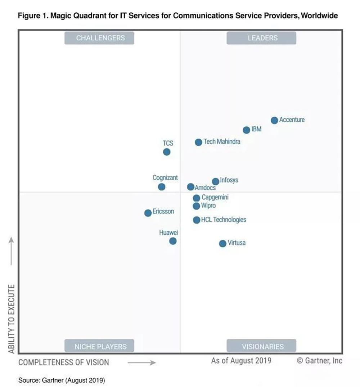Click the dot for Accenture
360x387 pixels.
[274, 120]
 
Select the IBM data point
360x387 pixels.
[246, 130]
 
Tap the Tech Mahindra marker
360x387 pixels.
[198, 142]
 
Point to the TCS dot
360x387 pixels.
[166, 152]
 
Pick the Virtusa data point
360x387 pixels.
[222, 243]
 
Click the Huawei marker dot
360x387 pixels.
[173, 241]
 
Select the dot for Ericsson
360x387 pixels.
[148, 213]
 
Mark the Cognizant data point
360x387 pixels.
[162, 187]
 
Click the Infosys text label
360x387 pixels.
[229, 180]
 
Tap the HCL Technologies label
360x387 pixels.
[224, 220]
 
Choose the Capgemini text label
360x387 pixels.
[215, 197]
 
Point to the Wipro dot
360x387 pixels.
[196, 206]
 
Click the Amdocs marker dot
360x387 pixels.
[190, 187]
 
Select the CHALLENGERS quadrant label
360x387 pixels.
[99, 38]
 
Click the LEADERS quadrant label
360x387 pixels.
[262, 38]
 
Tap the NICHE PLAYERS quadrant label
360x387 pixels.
[99, 347]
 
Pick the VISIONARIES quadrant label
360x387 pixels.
[262, 347]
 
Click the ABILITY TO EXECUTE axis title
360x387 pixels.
[12, 319]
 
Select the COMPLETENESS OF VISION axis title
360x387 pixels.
[64, 362]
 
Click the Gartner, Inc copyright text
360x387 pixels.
[319, 361]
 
